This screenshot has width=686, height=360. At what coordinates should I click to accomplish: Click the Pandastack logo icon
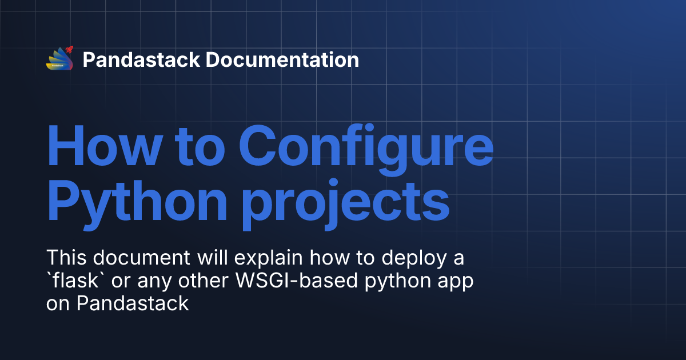coord(60,59)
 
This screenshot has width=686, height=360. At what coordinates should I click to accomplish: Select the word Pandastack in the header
coord(141,59)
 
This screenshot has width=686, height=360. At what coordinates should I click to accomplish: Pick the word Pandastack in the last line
coord(133,303)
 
